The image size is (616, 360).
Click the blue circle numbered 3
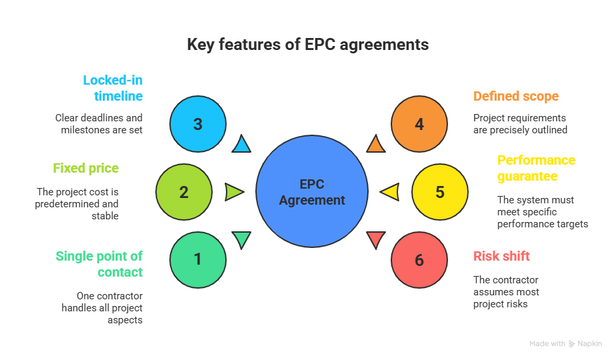click(197, 124)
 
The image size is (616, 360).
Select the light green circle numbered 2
click(184, 192)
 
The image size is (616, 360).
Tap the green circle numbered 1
click(197, 259)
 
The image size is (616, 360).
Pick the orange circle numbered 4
click(419, 124)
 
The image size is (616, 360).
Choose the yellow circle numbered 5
click(439, 192)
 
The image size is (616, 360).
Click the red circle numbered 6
click(419, 259)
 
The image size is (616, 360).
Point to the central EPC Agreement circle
click(312, 192)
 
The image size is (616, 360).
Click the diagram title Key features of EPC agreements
click(307, 45)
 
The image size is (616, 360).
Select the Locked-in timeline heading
click(113, 88)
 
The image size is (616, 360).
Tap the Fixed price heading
click(86, 168)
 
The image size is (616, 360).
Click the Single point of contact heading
click(99, 264)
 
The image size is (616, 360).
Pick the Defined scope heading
click(516, 96)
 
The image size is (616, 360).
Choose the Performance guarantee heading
click(537, 168)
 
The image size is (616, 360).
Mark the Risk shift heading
click(501, 256)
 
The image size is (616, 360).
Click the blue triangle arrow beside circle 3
click(241, 144)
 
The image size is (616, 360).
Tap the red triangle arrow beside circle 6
click(375, 239)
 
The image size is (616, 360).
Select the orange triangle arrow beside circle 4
click(375, 144)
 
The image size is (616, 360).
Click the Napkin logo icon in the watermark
click(572, 344)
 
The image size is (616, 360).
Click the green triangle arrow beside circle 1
click(241, 239)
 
